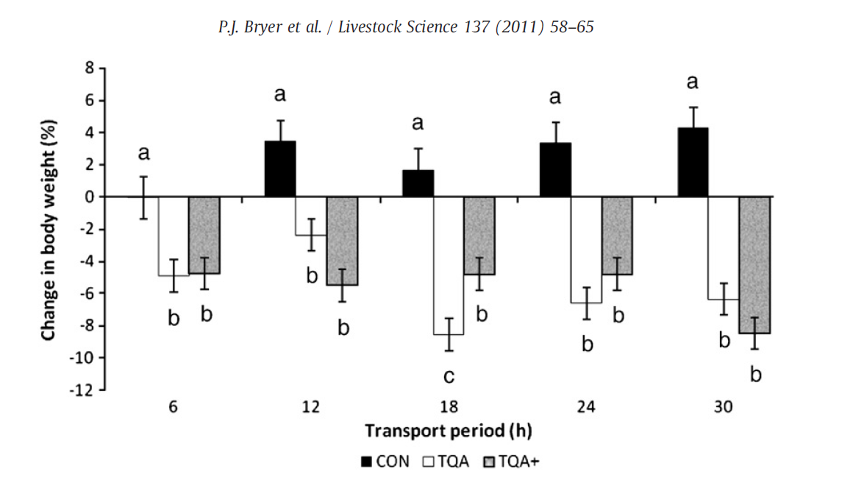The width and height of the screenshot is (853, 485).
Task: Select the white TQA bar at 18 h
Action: tap(449, 266)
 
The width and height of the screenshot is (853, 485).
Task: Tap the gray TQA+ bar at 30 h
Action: tap(754, 265)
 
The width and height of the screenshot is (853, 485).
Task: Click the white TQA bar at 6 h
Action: tap(174, 236)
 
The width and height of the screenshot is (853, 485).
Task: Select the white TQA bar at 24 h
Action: tap(586, 249)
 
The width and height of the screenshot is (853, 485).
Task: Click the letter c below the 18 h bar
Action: tap(449, 377)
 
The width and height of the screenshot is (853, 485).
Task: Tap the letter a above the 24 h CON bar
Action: tap(555, 97)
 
